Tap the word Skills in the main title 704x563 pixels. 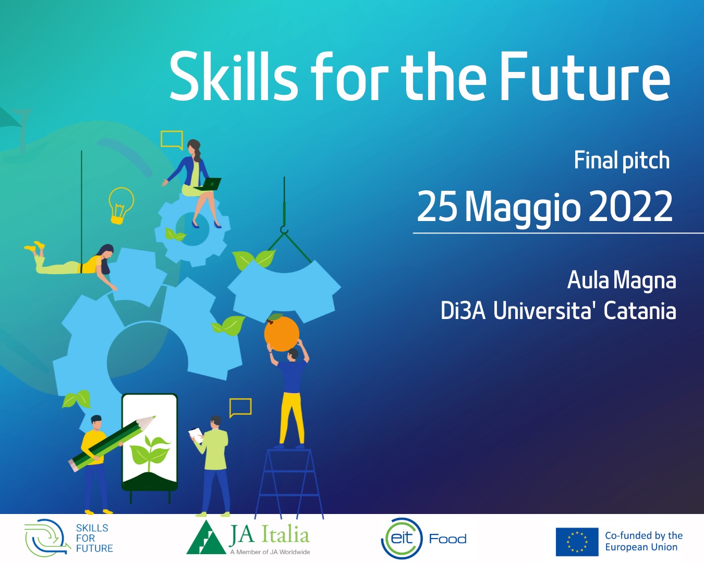(234, 76)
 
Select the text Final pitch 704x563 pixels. (622, 161)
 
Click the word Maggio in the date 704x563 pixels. (523, 208)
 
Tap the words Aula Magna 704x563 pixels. (621, 280)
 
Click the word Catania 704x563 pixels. (639, 310)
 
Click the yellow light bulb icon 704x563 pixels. (120, 205)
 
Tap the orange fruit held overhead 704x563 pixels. (281, 333)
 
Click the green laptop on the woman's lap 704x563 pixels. (209, 184)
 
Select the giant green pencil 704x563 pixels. (111, 444)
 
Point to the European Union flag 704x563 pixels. (577, 542)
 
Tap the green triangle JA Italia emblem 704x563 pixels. (206, 538)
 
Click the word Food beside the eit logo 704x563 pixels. (447, 539)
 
